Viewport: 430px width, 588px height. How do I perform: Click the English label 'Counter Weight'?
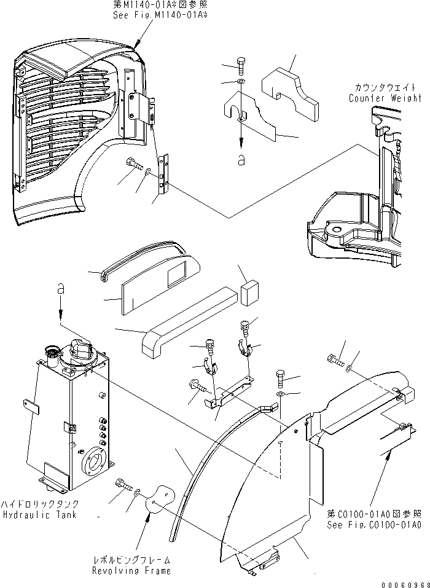[x=385, y=98]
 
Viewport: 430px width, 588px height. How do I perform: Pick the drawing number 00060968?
[x=402, y=581]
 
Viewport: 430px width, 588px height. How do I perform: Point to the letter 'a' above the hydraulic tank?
[x=60, y=287]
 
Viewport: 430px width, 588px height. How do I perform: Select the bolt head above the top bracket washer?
[x=241, y=63]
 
